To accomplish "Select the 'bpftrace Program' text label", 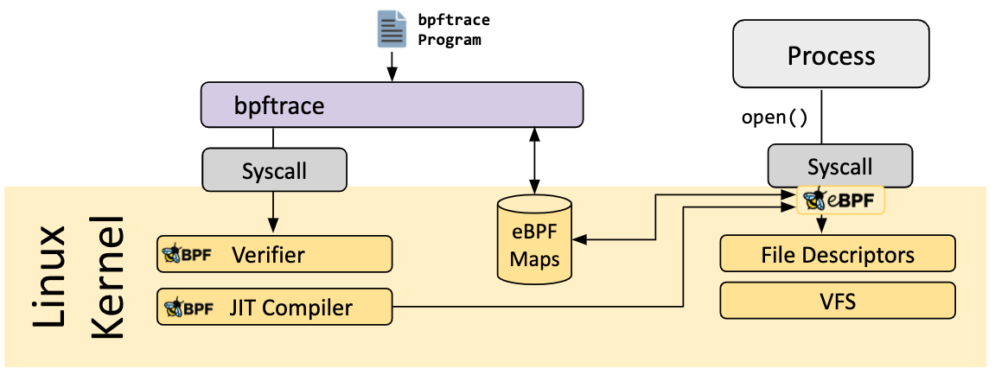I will [x=448, y=29].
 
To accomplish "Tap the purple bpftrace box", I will [x=392, y=105].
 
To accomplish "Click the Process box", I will [x=831, y=56].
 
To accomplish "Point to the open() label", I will [x=775, y=118].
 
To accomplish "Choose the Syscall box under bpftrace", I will [x=274, y=169].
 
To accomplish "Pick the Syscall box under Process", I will [x=839, y=166].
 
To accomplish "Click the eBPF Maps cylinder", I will [x=535, y=242].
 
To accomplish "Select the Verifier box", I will [x=274, y=255].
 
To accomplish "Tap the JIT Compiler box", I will [x=274, y=307].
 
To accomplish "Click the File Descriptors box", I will [x=837, y=255].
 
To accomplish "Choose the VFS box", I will [x=837, y=302].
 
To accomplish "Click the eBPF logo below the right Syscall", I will [x=841, y=201].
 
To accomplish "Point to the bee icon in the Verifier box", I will [x=173, y=255].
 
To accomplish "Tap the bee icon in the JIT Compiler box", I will [x=173, y=307].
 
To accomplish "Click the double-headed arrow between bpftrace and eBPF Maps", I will [x=535, y=160].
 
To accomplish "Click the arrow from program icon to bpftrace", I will [x=391, y=65].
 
